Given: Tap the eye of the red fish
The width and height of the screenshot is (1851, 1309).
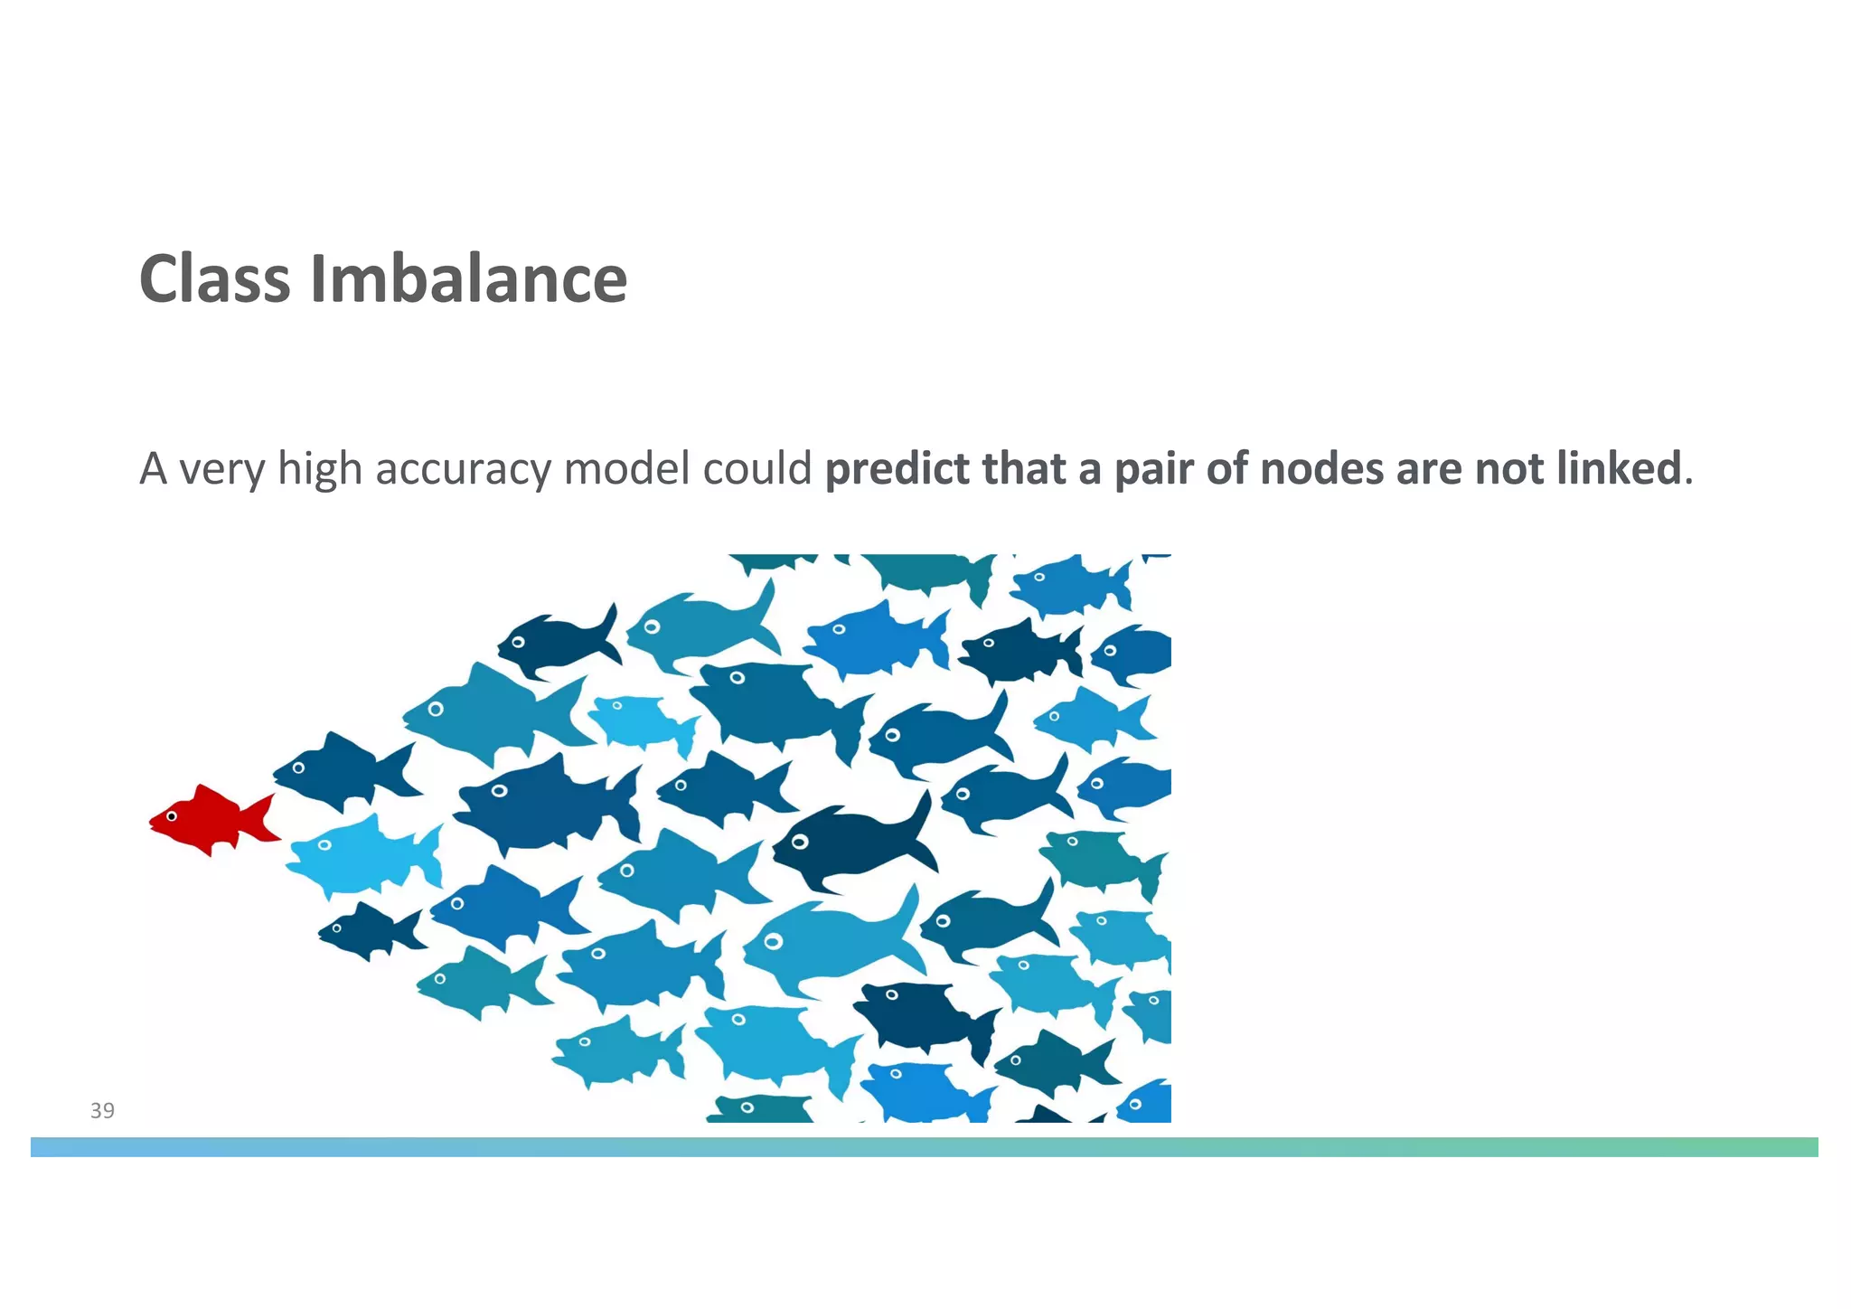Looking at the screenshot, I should (x=172, y=816).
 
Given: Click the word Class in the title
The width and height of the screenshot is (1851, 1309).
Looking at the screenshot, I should (x=214, y=278).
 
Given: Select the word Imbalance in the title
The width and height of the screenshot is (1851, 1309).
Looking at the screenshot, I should (x=468, y=278).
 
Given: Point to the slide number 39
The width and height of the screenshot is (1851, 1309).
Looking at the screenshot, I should (x=102, y=1111).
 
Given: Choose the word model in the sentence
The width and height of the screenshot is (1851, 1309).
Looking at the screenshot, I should (x=626, y=468).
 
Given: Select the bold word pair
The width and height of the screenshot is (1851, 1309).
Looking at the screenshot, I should (x=1152, y=468).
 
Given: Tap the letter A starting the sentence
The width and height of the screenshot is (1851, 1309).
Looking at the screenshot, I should (x=154, y=468).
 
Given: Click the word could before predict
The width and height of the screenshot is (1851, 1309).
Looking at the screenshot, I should (x=757, y=468).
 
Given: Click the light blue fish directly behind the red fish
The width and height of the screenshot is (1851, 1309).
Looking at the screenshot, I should (x=362, y=853).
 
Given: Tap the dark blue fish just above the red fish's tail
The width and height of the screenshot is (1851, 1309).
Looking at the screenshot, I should (x=343, y=769).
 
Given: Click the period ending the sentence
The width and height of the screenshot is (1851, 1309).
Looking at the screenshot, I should (x=1688, y=479).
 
